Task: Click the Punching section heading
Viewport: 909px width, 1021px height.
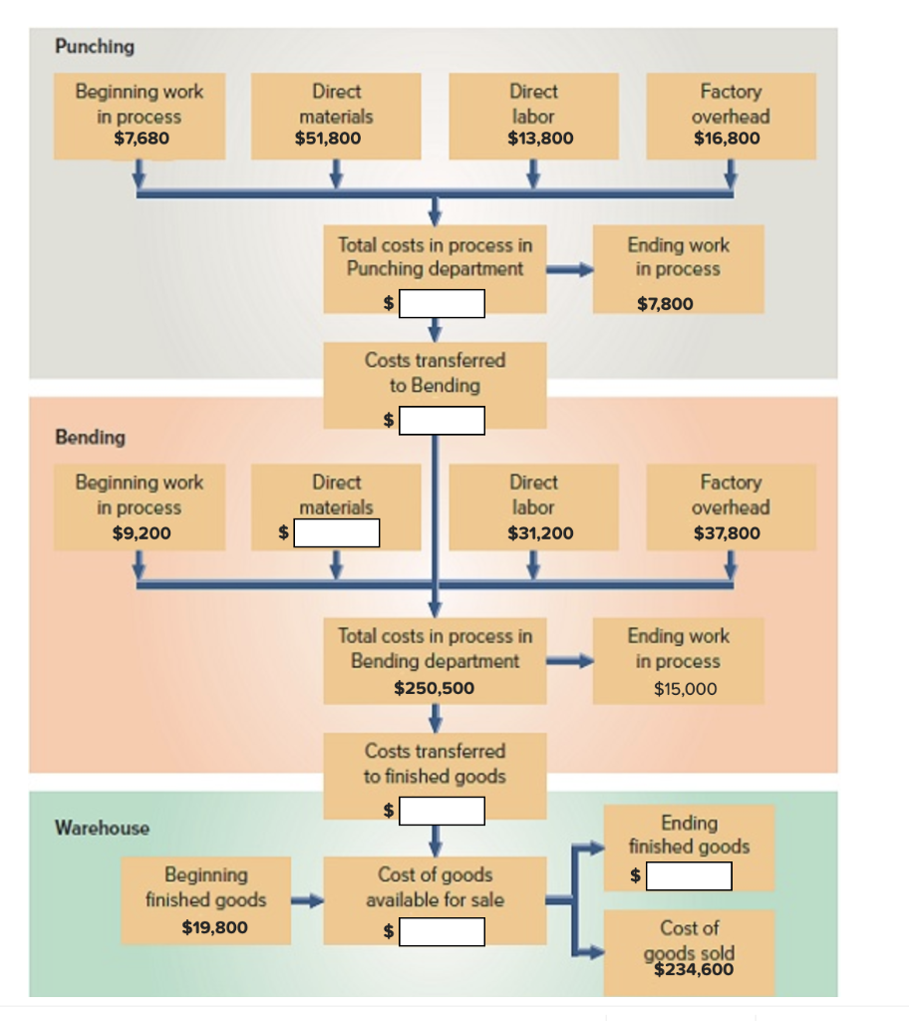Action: (95, 46)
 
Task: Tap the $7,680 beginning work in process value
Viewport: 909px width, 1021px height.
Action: (141, 139)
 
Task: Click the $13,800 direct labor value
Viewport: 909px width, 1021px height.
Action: (540, 139)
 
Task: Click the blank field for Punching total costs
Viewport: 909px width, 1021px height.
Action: (443, 303)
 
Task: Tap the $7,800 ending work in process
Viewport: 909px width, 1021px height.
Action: (665, 303)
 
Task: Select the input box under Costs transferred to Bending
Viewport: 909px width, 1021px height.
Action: (443, 421)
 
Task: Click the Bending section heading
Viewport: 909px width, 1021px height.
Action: (90, 437)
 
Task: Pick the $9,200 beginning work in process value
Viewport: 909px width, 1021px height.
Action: (142, 532)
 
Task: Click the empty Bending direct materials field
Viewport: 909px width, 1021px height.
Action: (337, 533)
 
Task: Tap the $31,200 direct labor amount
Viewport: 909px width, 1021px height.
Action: (540, 532)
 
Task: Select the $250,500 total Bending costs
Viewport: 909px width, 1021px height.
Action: (435, 688)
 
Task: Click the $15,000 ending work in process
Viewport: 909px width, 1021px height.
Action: (685, 688)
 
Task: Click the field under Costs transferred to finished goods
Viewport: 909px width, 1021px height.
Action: (443, 811)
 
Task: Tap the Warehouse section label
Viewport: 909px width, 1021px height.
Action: (102, 828)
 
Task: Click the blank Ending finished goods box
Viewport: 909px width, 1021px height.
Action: (689, 876)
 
